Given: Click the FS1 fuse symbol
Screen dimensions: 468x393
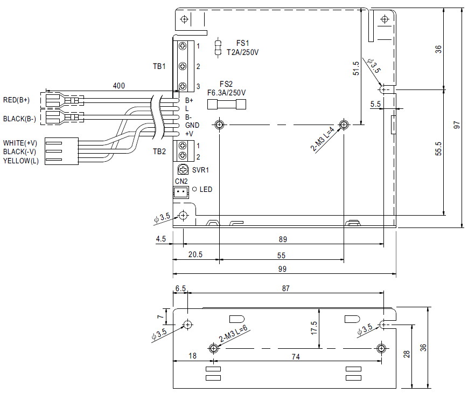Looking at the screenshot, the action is (218, 48).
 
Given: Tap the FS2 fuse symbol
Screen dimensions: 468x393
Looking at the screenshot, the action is (227, 105).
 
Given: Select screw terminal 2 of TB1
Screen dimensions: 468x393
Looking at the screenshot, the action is (183, 66).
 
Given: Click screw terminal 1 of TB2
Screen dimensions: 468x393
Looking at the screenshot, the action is (183, 146).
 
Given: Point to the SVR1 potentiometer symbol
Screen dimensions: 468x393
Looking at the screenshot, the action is (183, 170).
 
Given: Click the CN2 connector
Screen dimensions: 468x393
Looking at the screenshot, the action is (181, 192).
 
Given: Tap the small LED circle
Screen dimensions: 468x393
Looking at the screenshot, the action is (194, 189).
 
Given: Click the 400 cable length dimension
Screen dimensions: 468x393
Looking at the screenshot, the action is (119, 86).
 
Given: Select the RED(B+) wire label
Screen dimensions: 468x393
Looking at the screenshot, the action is (16, 100).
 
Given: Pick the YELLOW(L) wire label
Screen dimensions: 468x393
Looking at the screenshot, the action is (21, 161).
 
